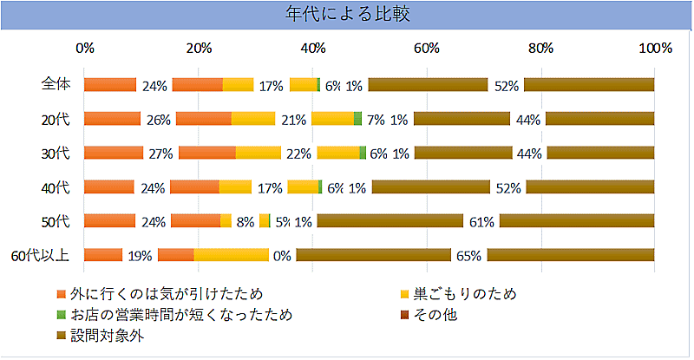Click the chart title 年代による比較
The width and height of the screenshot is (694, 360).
[347, 15]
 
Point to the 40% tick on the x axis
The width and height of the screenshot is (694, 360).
[312, 49]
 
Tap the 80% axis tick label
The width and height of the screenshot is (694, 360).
[540, 49]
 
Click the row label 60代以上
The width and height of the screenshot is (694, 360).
[44, 254]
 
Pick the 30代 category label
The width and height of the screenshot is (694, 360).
[59, 153]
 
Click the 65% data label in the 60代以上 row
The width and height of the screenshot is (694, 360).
[469, 255]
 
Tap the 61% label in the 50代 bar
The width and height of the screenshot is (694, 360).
[481, 221]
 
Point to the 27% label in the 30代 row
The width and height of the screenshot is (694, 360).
[161, 154]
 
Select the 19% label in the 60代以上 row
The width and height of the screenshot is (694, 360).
[141, 255]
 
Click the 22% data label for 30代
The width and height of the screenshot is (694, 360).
[298, 154]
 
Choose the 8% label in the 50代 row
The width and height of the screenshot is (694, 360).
[245, 221]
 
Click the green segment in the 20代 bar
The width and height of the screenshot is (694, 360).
[357, 118]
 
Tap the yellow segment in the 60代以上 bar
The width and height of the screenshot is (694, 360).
[231, 255]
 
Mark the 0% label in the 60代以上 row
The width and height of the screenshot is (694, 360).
[281, 255]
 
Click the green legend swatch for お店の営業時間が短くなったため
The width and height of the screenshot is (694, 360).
[61, 314]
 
